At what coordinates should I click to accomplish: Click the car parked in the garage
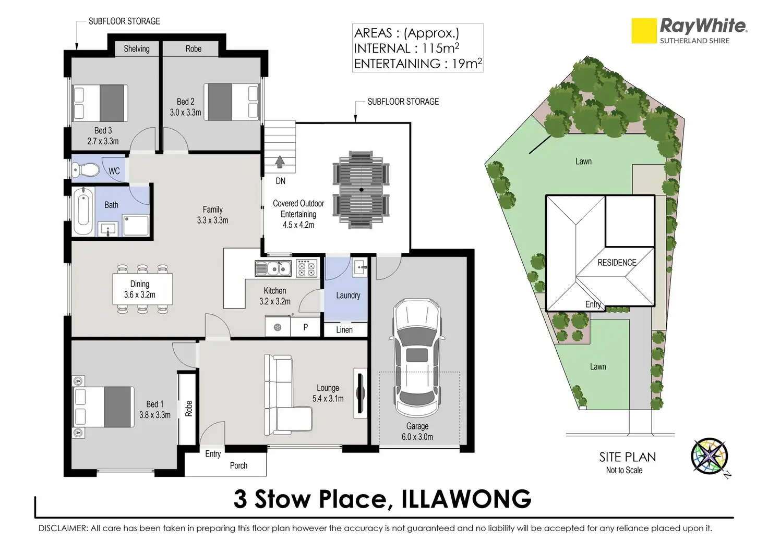coord(417,358)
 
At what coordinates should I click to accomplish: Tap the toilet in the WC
coord(86,169)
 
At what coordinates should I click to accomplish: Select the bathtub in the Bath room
coord(83,211)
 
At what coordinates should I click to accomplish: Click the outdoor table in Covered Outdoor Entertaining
coord(361,190)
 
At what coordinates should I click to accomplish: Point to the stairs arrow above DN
coord(280,162)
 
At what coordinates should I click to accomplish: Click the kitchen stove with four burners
coord(306,268)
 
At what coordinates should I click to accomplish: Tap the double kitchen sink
coord(273,268)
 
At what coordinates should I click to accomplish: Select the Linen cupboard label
coord(344,330)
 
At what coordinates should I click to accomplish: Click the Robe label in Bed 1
coord(188,409)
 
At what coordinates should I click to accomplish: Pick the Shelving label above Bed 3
coord(137,49)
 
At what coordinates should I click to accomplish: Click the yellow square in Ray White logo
coord(644,31)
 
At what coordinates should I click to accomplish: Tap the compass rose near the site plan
coord(709,457)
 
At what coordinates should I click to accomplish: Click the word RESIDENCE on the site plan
coord(617,263)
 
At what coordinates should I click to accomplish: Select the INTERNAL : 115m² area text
coord(406,48)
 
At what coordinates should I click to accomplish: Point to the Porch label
coord(238,465)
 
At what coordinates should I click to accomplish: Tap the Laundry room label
coord(348,295)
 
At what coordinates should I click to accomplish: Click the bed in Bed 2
coord(232,102)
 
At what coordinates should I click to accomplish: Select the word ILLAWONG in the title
coord(466,499)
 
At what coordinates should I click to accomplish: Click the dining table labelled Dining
coord(142,289)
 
